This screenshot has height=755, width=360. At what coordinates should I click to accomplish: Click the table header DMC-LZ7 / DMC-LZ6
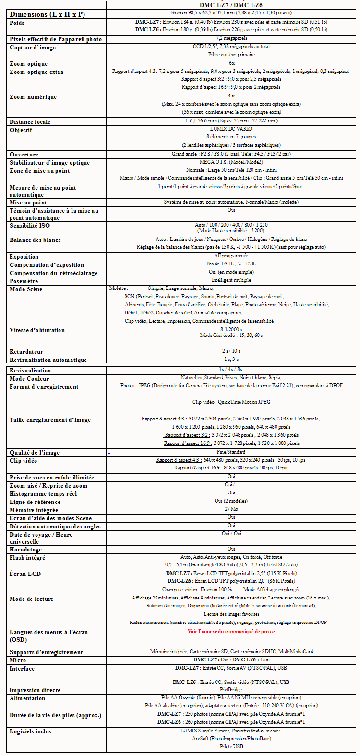(231, 5)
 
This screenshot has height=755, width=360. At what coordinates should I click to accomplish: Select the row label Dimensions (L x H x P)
(47, 14)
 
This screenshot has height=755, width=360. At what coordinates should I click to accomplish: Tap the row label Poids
(17, 23)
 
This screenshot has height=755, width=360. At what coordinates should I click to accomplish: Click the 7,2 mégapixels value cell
(231, 38)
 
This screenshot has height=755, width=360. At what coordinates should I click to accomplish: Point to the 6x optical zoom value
(231, 63)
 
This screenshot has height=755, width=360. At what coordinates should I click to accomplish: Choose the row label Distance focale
(30, 122)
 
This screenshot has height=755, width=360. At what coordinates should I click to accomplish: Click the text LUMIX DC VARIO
(231, 129)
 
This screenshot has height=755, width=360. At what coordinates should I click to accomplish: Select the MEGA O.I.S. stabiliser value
(231, 162)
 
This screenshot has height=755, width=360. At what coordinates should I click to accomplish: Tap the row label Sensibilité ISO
(29, 226)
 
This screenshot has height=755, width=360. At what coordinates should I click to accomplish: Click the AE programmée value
(231, 256)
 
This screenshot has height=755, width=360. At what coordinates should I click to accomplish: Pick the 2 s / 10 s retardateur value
(231, 351)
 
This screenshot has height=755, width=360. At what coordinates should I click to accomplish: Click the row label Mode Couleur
(29, 379)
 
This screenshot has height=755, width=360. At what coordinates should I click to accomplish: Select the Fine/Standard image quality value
(231, 452)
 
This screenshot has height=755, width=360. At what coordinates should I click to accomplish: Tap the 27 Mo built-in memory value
(231, 509)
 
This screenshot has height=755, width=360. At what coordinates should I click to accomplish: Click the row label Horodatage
(25, 550)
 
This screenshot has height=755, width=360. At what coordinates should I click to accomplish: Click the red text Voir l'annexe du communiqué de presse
(231, 632)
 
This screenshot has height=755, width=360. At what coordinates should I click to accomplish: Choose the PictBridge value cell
(231, 689)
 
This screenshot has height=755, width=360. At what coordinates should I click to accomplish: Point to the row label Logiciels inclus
(30, 731)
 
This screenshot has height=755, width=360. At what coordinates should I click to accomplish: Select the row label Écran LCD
(25, 574)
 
